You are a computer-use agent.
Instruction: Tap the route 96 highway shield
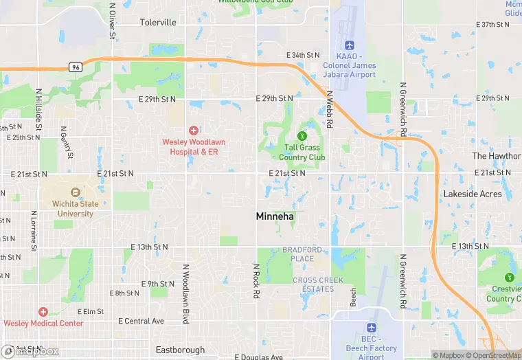click(76, 67)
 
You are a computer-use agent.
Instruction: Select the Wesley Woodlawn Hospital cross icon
click(194, 130)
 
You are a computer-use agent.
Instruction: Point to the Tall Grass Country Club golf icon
click(302, 135)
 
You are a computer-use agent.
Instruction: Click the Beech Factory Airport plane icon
click(372, 328)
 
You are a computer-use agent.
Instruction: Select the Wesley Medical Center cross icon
click(43, 312)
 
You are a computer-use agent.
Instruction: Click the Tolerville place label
click(158, 23)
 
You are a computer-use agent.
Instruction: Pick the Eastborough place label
click(181, 350)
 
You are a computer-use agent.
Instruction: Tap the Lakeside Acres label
click(473, 194)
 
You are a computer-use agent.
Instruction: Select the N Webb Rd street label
click(330, 109)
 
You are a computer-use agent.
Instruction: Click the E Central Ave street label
click(141, 321)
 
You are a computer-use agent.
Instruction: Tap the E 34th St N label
click(303, 55)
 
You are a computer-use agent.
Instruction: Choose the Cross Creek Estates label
click(313, 284)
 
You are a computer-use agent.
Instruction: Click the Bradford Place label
click(298, 254)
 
